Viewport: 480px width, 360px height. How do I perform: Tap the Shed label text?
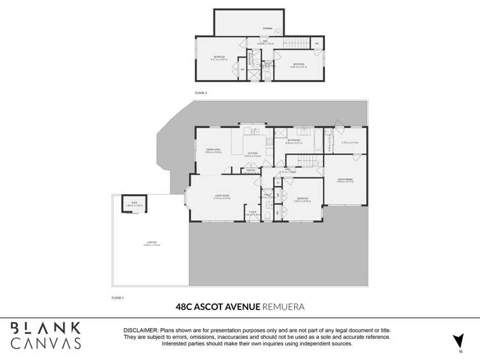[x=135, y=204]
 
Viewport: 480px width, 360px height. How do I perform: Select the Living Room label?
[x=221, y=196]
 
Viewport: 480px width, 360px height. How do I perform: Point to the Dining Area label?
[x=205, y=150]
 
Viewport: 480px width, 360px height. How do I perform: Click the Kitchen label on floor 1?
[x=252, y=154]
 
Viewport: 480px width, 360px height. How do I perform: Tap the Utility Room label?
[x=345, y=181]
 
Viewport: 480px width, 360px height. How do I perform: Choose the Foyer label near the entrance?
[x=252, y=211]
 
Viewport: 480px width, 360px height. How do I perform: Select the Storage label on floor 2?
[x=268, y=28]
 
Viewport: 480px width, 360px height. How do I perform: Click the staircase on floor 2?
[x=296, y=42]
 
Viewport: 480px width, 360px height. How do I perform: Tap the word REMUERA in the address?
[x=283, y=307]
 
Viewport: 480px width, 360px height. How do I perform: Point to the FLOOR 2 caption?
[x=201, y=93]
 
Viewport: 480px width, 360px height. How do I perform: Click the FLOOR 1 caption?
[x=117, y=298]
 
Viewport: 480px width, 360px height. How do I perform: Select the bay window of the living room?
[x=186, y=197]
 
